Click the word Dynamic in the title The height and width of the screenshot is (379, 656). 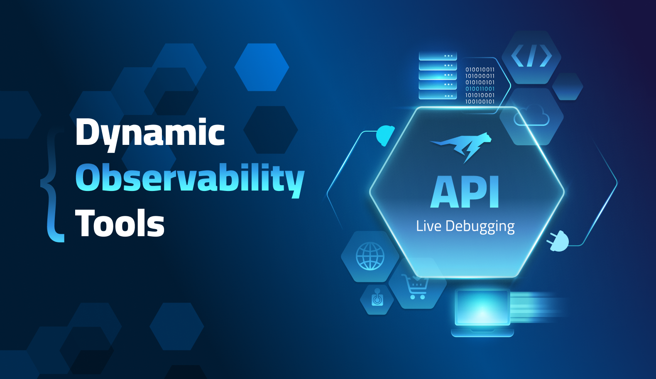click(x=150, y=133)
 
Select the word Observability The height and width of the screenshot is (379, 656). click(x=190, y=178)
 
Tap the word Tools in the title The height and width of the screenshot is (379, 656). click(x=120, y=223)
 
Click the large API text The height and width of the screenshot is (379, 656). click(x=465, y=192)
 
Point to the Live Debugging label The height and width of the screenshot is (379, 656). click(x=465, y=226)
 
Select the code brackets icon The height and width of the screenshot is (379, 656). click(x=531, y=56)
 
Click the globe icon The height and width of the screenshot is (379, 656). click(x=370, y=256)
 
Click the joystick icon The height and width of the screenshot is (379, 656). click(x=377, y=298)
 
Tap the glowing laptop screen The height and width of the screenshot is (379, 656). click(x=482, y=308)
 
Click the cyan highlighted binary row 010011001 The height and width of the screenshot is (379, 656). click(x=480, y=89)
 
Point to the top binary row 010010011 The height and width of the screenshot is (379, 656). click(x=480, y=70)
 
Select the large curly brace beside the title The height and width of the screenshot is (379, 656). click(x=53, y=185)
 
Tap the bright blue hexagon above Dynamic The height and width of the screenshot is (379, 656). click(x=262, y=67)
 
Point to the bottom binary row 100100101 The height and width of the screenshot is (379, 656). click(x=480, y=102)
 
